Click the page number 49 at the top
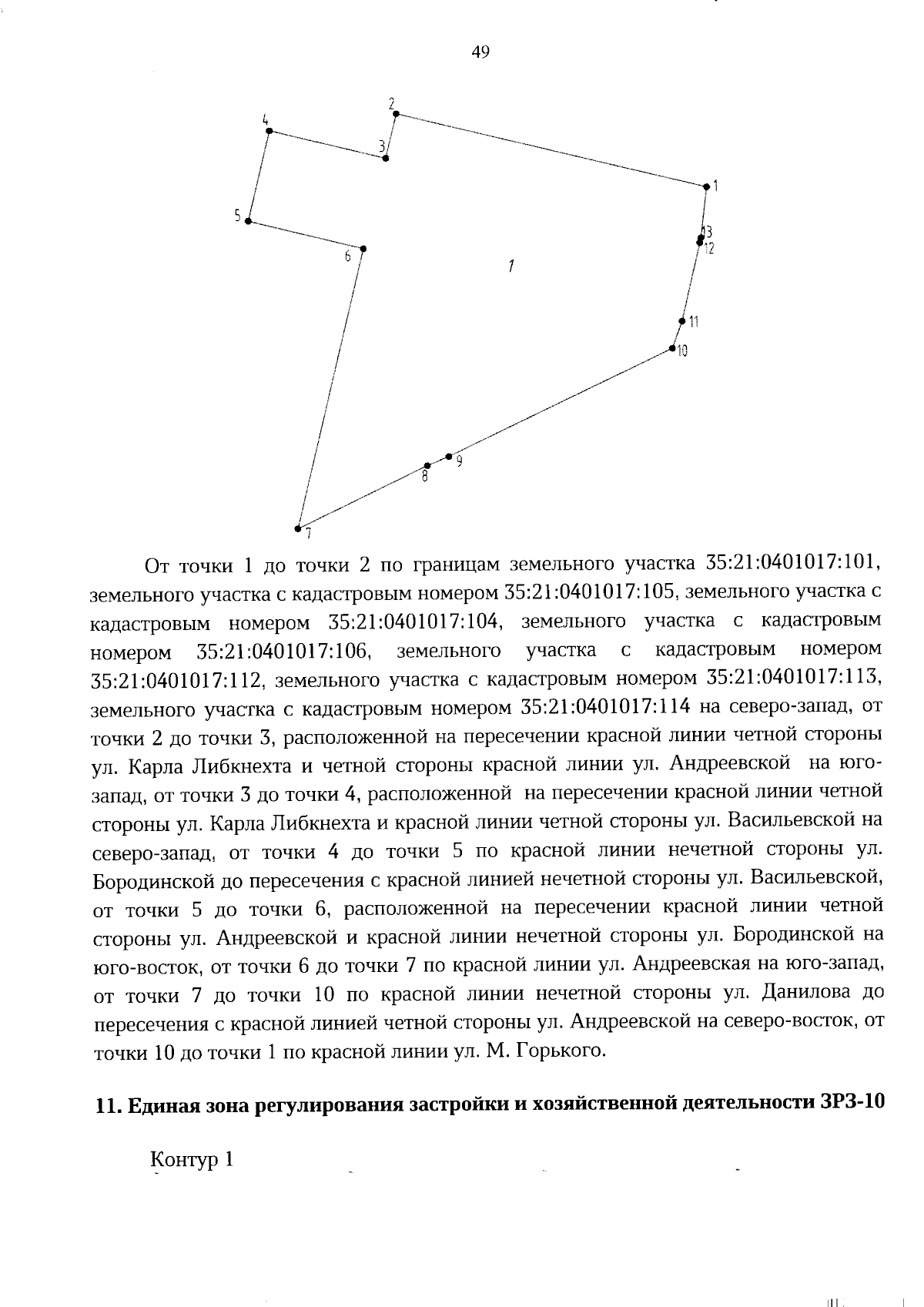[x=480, y=52]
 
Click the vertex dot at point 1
[x=706, y=186]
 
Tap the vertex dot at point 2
[x=396, y=114]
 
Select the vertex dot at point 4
[x=269, y=131]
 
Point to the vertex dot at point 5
[x=248, y=221]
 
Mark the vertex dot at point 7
[x=297, y=528]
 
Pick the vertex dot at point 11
[x=681, y=321]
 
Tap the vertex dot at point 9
[x=448, y=457]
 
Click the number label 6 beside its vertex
[x=348, y=256]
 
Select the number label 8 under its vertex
[x=424, y=478]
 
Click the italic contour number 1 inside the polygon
[x=511, y=266]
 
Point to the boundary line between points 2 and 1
[x=551, y=150]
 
